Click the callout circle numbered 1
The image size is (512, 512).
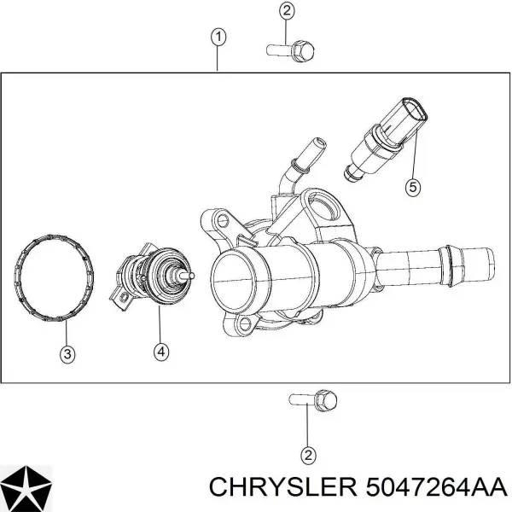(x=218, y=38)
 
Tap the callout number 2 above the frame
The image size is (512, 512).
(x=287, y=11)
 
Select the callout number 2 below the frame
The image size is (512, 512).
(x=308, y=455)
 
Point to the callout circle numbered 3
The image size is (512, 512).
(x=67, y=354)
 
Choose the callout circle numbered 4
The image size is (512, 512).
(x=161, y=352)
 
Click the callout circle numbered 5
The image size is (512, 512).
(x=413, y=188)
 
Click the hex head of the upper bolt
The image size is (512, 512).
(x=303, y=51)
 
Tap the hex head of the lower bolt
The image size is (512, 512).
(x=326, y=400)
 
